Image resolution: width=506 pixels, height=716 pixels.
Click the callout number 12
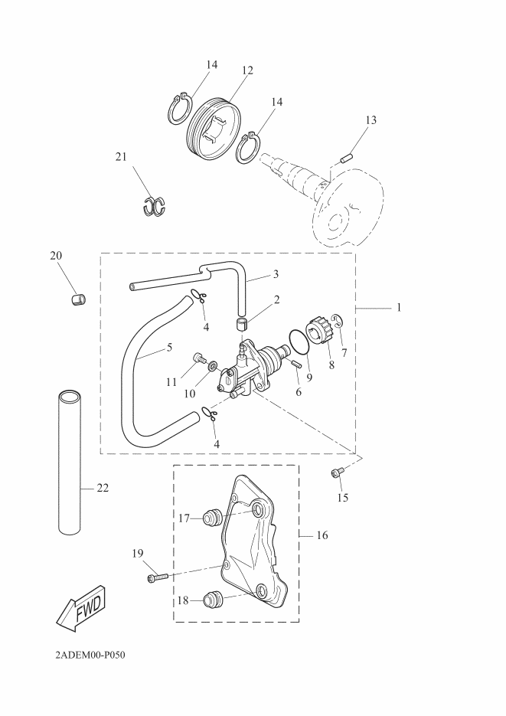(x=246, y=70)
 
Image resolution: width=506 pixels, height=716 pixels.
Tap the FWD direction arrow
(x=80, y=608)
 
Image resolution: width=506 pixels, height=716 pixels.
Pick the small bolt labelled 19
(x=157, y=577)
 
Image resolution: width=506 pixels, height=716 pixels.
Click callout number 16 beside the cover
(x=322, y=535)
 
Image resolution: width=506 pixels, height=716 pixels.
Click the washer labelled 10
(x=213, y=364)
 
